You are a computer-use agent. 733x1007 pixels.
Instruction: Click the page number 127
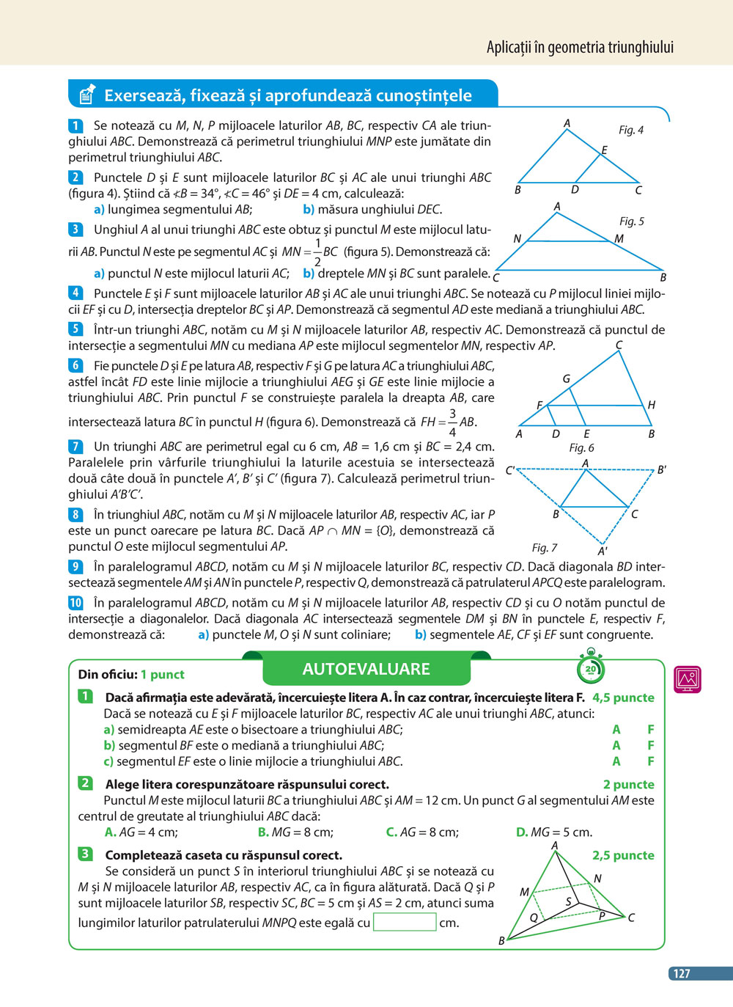click(x=682, y=973)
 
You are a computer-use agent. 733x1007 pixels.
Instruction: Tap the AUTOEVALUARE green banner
click(x=366, y=669)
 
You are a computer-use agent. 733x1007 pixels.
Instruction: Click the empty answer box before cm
click(x=405, y=922)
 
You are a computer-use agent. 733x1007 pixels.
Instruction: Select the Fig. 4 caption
click(x=630, y=130)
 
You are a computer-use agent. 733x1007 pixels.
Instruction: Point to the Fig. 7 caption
click(x=545, y=547)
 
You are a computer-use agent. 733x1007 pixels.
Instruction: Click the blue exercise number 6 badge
click(x=75, y=365)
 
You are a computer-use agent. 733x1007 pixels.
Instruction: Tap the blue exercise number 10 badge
click(x=75, y=603)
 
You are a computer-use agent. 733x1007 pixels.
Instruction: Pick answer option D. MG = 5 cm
click(x=554, y=832)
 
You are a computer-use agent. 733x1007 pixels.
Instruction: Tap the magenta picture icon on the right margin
click(x=687, y=679)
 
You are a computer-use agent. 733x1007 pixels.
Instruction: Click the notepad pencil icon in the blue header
click(x=86, y=95)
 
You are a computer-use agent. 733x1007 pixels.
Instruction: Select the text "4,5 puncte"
click(x=623, y=697)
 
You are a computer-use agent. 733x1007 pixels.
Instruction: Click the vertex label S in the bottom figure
click(x=568, y=901)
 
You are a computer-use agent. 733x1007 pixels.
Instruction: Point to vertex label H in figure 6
click(x=651, y=405)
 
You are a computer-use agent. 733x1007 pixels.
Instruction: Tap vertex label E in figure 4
click(x=604, y=150)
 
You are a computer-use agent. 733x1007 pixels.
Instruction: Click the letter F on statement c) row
click(x=650, y=761)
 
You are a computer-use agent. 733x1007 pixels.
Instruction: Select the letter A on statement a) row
click(x=616, y=730)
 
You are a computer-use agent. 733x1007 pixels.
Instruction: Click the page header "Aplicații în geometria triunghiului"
click(x=579, y=48)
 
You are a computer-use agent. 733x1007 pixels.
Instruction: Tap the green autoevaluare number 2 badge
click(x=85, y=783)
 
